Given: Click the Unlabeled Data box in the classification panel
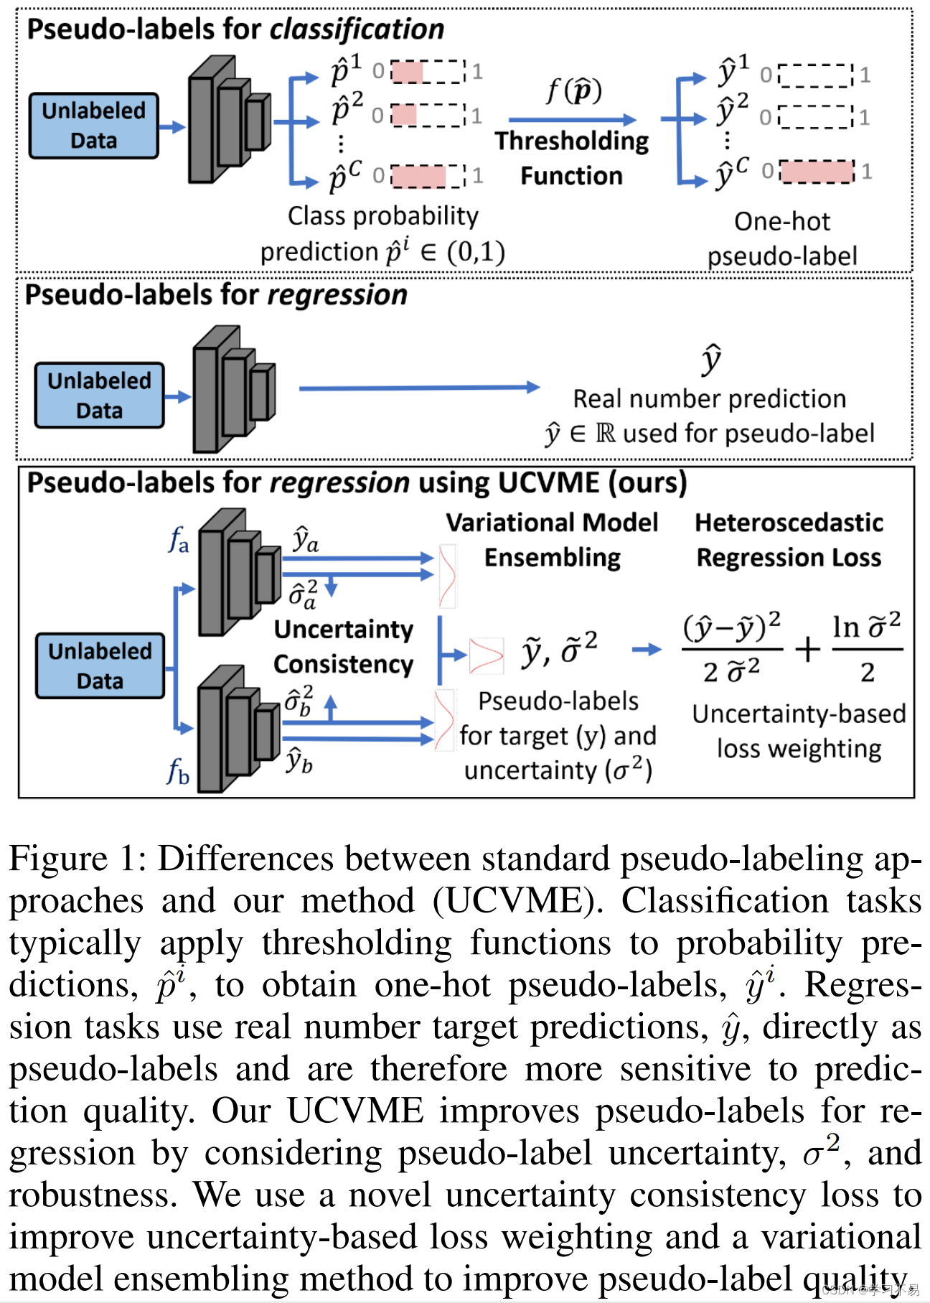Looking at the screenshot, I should tap(93, 126).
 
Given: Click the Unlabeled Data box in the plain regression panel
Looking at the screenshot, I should tap(99, 396).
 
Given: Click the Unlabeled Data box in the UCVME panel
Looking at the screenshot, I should tap(100, 665).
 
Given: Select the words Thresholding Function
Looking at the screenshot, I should tap(571, 158).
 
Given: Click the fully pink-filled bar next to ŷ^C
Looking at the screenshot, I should tap(817, 172).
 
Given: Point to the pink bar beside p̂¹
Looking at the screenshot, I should tap(408, 71).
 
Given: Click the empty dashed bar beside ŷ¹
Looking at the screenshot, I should tap(815, 75).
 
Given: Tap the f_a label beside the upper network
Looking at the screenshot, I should tap(178, 539).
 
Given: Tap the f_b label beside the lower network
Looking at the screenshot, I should tap(177, 772).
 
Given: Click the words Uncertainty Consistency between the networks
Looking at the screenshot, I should tap(343, 646).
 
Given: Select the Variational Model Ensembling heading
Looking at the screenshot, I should tap(551, 540).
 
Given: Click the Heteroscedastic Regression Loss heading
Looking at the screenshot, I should tap(789, 540).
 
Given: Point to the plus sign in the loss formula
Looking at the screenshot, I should tap(807, 649).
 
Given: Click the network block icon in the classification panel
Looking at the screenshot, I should tap(228, 118).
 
